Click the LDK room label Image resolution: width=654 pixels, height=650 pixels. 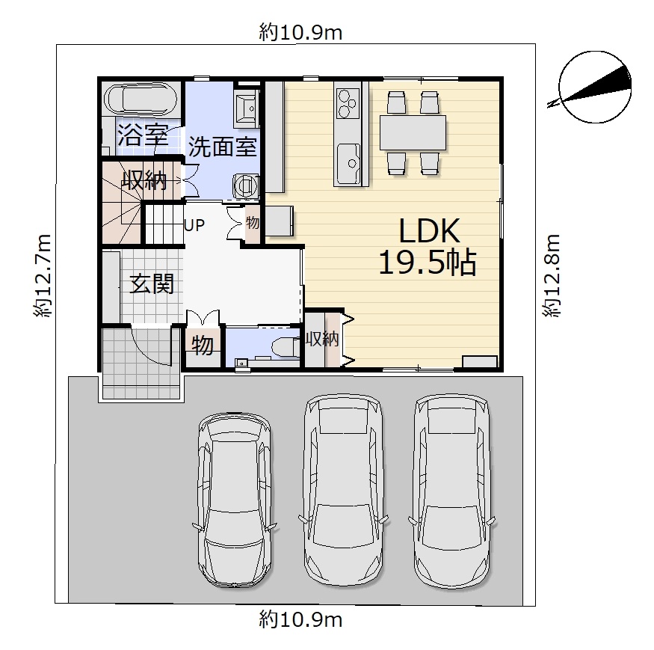(430, 230)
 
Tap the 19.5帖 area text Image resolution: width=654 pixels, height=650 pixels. (428, 263)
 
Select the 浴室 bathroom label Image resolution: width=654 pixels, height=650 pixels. (142, 135)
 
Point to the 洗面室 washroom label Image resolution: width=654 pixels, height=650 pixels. (222, 147)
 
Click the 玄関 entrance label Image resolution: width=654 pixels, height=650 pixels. (152, 284)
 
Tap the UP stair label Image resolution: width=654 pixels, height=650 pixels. (194, 225)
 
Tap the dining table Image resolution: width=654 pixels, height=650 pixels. (413, 132)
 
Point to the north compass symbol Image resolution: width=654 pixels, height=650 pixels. (594, 87)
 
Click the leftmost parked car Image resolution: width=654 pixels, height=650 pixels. (234, 500)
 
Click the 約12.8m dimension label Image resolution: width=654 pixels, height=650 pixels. (552, 276)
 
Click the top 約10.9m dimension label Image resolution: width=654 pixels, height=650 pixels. (300, 33)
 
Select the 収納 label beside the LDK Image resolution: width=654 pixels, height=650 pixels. (322, 339)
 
